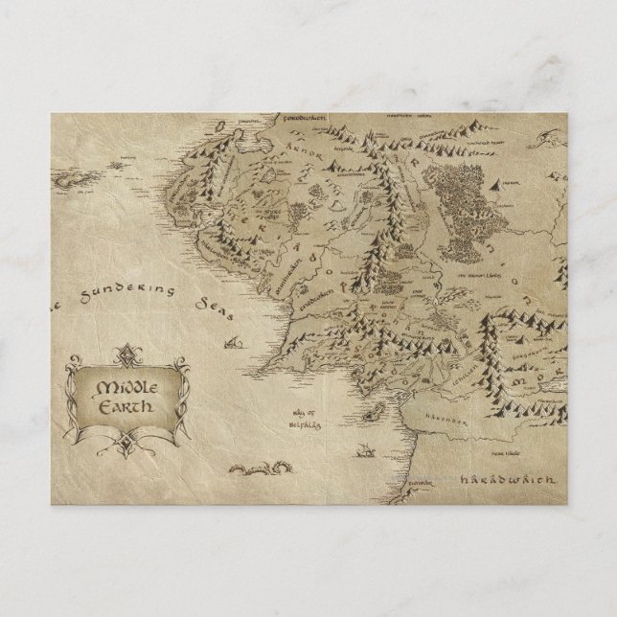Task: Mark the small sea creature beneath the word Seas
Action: coord(231,342)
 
